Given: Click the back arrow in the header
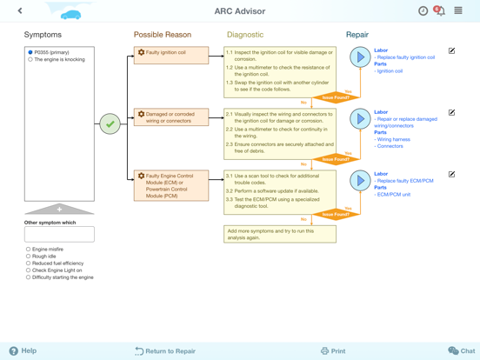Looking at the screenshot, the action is pos(20,10).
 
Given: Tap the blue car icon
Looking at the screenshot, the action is pos(70,15).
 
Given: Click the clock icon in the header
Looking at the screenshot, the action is pos(423,11).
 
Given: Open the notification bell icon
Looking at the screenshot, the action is pos(440,10).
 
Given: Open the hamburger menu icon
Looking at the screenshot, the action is pos(458,10).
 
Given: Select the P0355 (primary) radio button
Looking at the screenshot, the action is pos(30,52).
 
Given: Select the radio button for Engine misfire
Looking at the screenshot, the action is pos(28,250).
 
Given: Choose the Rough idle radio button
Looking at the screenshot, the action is pos(28,257).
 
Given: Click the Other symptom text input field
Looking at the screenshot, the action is pos(59,234).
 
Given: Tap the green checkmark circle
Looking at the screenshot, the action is pos(110,124).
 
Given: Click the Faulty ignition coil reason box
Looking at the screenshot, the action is pos(171,56).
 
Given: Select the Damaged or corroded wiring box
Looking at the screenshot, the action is pos(171,117).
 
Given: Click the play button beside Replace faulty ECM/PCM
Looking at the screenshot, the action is pos(360,181).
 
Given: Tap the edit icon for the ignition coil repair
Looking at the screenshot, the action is pos(451,50).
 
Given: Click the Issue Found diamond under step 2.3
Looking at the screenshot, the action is pos(336,159).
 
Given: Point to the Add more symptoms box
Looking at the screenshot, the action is pos(280,234).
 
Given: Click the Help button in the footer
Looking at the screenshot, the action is pos(23,350).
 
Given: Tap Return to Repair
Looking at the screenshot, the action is pos(165,351).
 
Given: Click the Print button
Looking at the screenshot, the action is pos(333,351).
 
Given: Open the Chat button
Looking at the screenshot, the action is pos(462,350).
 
